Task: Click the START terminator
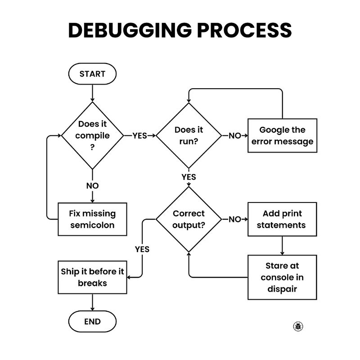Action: [x=92, y=74]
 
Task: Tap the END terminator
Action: [x=92, y=321]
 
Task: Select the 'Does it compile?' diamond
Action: [x=92, y=135]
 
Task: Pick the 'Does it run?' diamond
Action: [x=189, y=135]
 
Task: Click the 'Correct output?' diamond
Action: [x=189, y=219]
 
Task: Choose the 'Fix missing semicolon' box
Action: [x=92, y=219]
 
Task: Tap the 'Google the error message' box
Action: [x=283, y=135]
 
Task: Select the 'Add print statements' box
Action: [x=282, y=219]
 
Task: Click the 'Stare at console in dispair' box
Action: [x=282, y=277]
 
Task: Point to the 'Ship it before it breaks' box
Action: [x=92, y=277]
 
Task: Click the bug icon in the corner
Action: [x=298, y=326]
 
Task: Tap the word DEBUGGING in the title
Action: [x=130, y=30]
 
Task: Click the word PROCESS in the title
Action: [x=244, y=30]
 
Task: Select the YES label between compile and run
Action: [x=139, y=136]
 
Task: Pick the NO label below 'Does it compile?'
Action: [x=92, y=186]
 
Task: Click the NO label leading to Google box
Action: [x=234, y=136]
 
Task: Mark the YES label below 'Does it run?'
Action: [x=189, y=177]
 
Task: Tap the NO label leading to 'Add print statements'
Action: [x=234, y=219]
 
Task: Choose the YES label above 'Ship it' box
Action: [x=142, y=249]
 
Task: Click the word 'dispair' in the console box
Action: [x=282, y=289]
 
